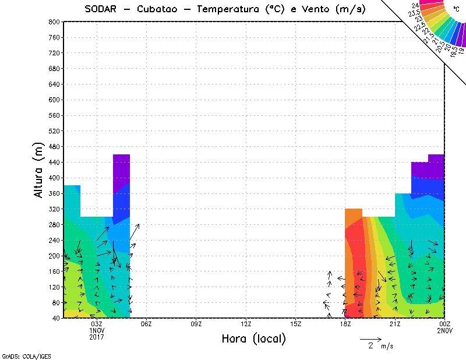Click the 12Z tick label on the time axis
pyautogui.click(x=246, y=324)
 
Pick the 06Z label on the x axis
pyautogui.click(x=146, y=324)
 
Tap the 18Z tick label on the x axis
pyautogui.click(x=345, y=324)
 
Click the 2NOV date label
pyautogui.click(x=444, y=330)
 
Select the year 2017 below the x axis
pyautogui.click(x=96, y=337)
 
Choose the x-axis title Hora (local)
pyautogui.click(x=253, y=339)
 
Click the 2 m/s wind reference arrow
pyautogui.click(x=370, y=338)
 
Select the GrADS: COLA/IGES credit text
pyautogui.click(x=19, y=355)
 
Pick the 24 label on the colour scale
pyautogui.click(x=415, y=5)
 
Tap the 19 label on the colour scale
pyautogui.click(x=461, y=51)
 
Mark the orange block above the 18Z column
pyautogui.click(x=353, y=217)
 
